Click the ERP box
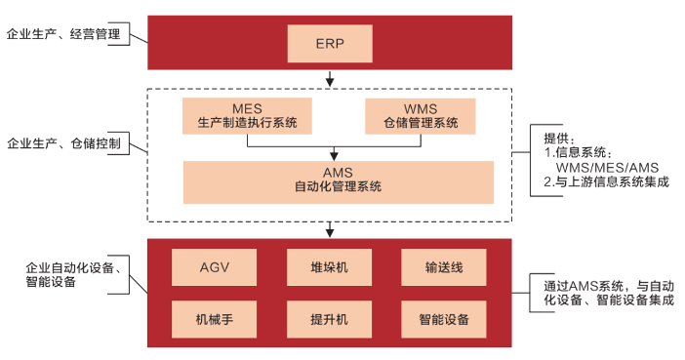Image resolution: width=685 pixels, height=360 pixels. pyautogui.click(x=330, y=43)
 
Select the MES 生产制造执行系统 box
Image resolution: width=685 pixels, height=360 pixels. pyautogui.click(x=247, y=115)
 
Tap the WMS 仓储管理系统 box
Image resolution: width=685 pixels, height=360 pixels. pyautogui.click(x=420, y=115)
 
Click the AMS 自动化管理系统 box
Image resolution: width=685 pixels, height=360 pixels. pyautogui.click(x=338, y=180)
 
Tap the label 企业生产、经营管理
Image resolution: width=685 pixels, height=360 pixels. pyautogui.click(x=63, y=34)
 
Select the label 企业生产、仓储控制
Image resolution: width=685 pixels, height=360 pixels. pyautogui.click(x=63, y=143)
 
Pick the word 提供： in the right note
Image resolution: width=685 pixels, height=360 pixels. pyautogui.click(x=560, y=138)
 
